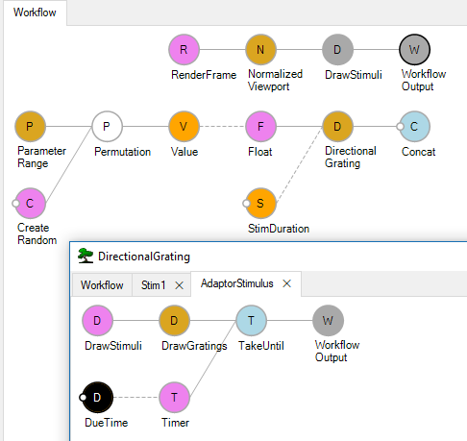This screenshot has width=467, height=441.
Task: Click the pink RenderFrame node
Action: [x=184, y=50]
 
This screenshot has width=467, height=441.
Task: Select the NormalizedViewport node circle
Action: [x=260, y=50]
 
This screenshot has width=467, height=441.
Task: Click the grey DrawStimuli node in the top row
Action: [x=337, y=50]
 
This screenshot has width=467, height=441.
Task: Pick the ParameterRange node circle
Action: [x=30, y=127]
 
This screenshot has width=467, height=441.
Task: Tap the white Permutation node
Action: [x=107, y=127]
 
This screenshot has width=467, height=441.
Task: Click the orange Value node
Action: [x=184, y=127]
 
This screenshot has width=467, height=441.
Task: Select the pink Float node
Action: [x=260, y=127]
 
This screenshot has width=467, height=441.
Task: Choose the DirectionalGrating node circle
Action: [x=337, y=127]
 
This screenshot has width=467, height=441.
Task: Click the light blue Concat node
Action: [x=414, y=127]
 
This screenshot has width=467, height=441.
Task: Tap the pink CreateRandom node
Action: [x=30, y=204]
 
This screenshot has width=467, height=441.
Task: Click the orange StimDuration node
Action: [x=260, y=204]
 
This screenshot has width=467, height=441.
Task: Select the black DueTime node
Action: [x=97, y=398]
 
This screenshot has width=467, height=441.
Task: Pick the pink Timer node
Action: [x=174, y=398]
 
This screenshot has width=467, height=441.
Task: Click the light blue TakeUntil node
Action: [x=251, y=321]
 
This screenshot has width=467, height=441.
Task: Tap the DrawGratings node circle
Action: [x=174, y=321]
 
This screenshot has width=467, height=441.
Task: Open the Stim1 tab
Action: [x=154, y=284]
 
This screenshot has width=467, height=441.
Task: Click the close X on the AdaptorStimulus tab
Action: [x=287, y=283]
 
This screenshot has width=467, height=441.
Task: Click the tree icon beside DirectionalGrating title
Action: [x=86, y=256]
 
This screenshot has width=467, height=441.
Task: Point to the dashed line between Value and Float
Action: [x=222, y=127]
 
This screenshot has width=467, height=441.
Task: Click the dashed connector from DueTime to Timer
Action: [x=135, y=398]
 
